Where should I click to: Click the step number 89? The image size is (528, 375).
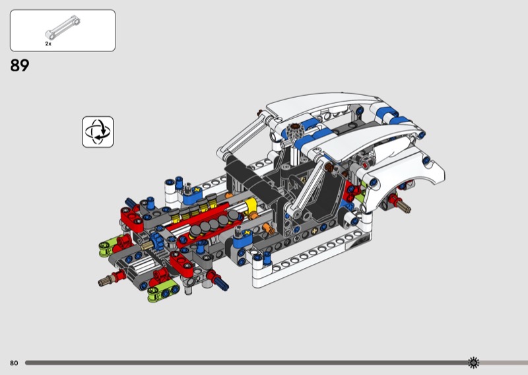(20, 65)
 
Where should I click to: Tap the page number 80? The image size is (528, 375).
(14, 363)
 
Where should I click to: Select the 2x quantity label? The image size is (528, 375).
(48, 44)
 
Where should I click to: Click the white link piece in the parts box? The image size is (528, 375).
(63, 27)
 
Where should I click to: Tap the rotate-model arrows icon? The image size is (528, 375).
(98, 132)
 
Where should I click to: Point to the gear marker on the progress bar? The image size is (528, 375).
(473, 362)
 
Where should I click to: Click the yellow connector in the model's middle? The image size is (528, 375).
(251, 207)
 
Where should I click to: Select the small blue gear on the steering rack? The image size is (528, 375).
(156, 240)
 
